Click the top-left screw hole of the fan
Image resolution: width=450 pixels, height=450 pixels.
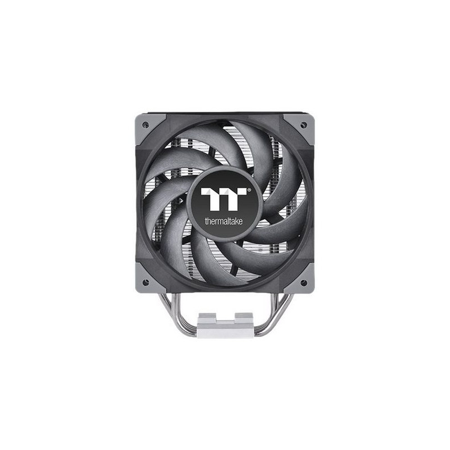coord(146,124)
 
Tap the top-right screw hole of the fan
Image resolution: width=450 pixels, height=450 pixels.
coord(303,124)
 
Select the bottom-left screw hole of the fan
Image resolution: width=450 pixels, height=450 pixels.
coord(146,282)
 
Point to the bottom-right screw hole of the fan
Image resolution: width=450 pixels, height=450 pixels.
coord(303,282)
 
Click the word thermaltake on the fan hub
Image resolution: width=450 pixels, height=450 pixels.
coord(223,221)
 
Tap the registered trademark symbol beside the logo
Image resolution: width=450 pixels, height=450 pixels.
coord(249,190)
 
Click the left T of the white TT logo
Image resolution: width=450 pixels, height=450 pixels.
coord(212,199)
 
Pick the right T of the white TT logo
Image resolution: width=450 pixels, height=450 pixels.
coord(235,199)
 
